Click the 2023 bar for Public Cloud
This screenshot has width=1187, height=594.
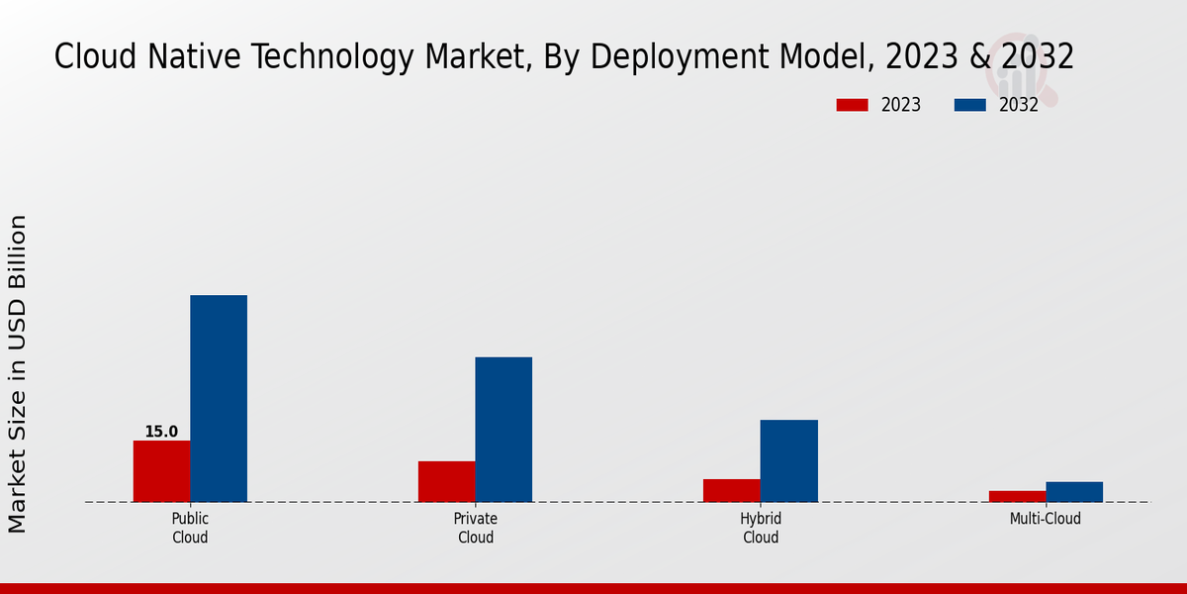click(x=161, y=471)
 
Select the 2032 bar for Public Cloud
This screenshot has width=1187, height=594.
click(x=219, y=398)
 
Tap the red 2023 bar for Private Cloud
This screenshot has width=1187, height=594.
click(x=446, y=481)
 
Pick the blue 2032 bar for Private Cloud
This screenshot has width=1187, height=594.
click(x=503, y=429)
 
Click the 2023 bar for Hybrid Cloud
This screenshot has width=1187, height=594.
click(x=732, y=490)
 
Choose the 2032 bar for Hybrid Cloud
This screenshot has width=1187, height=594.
click(x=789, y=460)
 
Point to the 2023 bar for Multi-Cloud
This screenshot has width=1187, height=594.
click(x=1017, y=496)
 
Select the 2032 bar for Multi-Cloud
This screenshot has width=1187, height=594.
click(x=1074, y=492)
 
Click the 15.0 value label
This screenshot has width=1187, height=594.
click(x=161, y=432)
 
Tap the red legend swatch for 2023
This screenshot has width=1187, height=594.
click(x=852, y=105)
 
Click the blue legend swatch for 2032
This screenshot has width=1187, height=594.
click(x=969, y=105)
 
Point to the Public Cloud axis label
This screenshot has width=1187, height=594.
click(x=190, y=528)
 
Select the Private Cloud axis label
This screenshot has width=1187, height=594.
click(x=476, y=528)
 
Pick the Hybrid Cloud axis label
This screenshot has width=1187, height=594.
click(x=761, y=528)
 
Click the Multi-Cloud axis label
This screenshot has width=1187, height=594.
click(x=1046, y=519)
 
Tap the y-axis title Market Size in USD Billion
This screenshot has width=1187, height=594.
click(x=19, y=374)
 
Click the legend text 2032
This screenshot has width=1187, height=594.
click(x=1019, y=105)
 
